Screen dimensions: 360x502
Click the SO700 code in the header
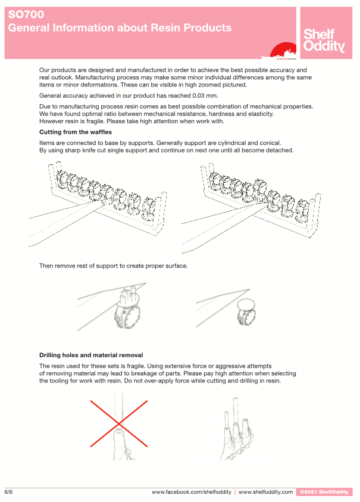[26, 14]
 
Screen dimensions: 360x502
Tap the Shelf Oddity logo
[324, 40]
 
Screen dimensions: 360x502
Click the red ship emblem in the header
[283, 51]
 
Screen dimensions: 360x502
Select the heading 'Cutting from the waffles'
[76, 132]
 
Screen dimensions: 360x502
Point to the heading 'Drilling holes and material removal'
[91, 355]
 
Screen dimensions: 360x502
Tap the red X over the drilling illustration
[119, 423]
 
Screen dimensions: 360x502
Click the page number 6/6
[9, 492]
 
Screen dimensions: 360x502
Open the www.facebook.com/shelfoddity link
[192, 492]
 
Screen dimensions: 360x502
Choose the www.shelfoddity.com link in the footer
[265, 492]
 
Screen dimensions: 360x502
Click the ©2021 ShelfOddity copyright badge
[324, 492]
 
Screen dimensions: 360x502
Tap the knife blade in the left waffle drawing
[64, 223]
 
